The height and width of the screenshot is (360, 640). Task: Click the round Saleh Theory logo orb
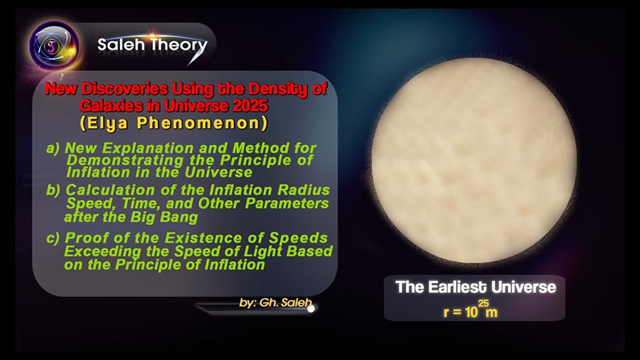[54, 46]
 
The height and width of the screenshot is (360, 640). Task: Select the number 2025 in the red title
[250, 106]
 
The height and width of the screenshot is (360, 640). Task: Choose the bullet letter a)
[53, 148]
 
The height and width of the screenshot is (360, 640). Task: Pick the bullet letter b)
[53, 190]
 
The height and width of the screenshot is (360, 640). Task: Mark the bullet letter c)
[53, 238]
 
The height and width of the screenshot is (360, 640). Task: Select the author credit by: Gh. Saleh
[275, 303]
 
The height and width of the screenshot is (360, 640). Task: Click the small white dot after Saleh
[311, 309]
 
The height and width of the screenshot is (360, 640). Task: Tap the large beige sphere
[474, 160]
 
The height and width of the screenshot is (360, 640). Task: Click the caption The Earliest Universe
[476, 287]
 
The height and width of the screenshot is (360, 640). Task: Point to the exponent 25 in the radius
[484, 303]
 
